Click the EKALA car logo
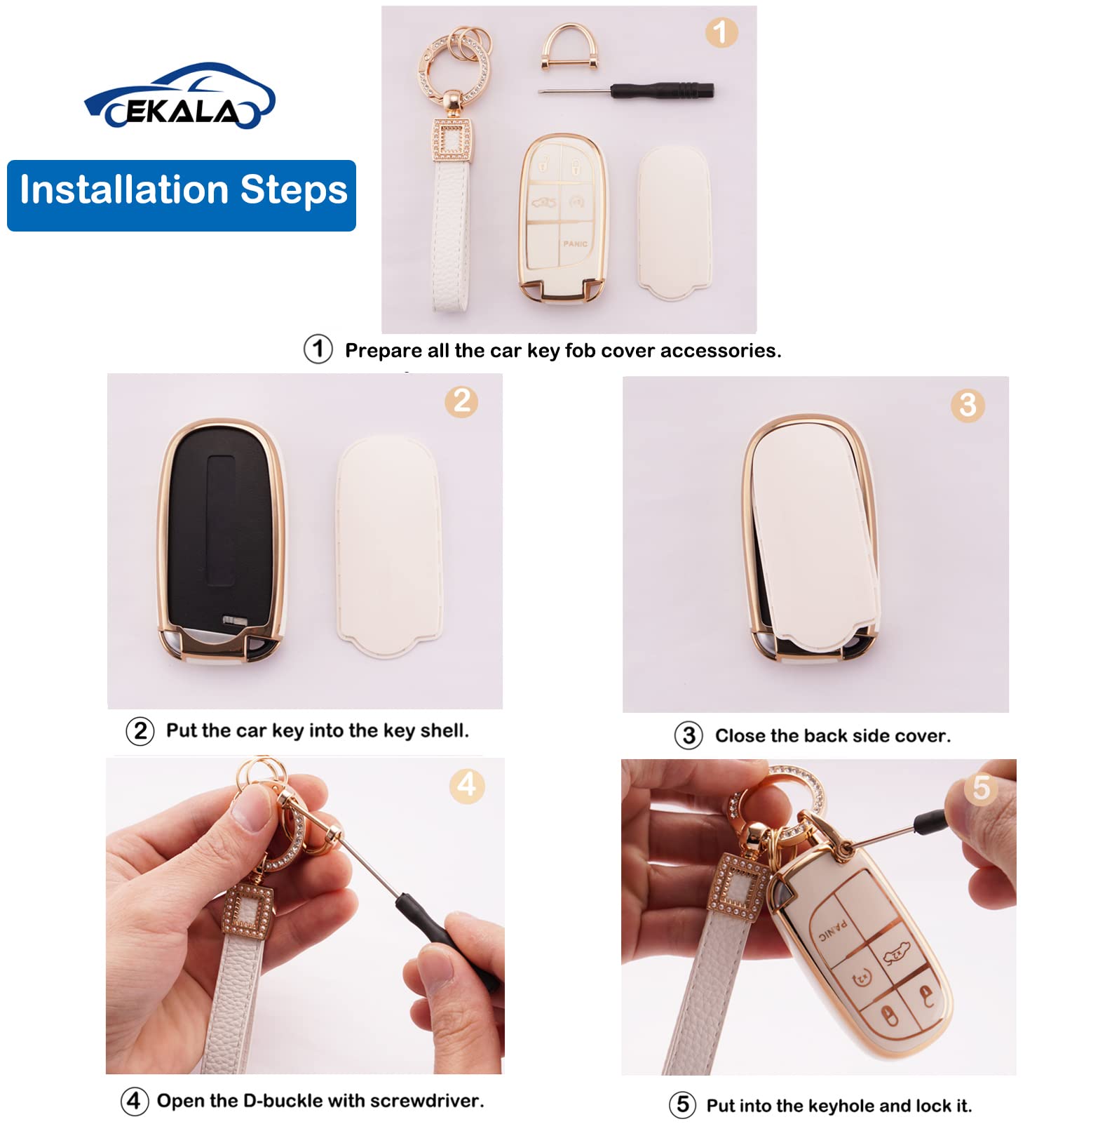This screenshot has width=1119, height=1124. (x=179, y=97)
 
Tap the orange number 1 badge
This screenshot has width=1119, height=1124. (x=720, y=32)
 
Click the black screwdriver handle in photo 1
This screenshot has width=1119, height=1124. (x=662, y=91)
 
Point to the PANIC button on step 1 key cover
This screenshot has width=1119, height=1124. (x=575, y=244)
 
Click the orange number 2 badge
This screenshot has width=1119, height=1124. (x=461, y=401)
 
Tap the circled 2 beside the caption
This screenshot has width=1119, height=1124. (x=140, y=731)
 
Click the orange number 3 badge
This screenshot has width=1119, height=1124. (x=968, y=405)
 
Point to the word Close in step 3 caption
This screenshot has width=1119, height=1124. (x=740, y=736)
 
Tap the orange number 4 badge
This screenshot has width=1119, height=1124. (x=466, y=785)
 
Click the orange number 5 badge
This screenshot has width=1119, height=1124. (x=981, y=788)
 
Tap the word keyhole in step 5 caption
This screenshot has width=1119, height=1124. (x=840, y=1106)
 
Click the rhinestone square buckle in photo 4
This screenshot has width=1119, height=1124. (x=248, y=911)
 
